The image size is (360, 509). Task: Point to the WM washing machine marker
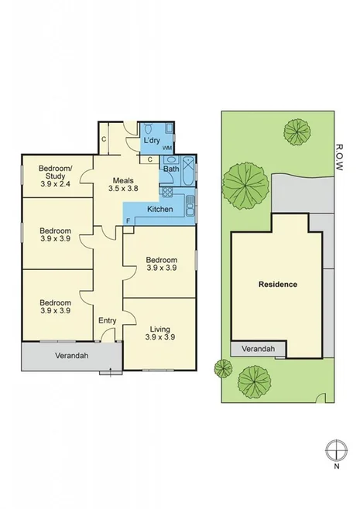tap(166, 147)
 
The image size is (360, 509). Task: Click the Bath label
tap(170, 168)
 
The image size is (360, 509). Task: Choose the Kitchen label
tap(159, 209)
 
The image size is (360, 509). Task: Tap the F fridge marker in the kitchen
tap(128, 220)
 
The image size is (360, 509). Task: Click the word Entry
tap(107, 319)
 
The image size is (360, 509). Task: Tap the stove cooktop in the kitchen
tap(188, 206)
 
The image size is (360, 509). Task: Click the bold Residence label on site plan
tap(277, 284)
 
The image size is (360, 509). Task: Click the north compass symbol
tap(335, 449)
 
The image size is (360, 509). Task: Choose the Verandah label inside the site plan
tap(257, 350)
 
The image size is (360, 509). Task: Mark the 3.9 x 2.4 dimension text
tap(55, 185)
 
